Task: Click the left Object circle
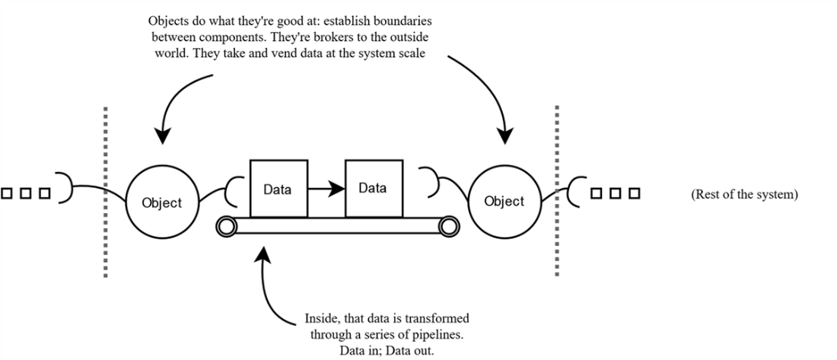[162, 202]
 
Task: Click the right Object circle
[504, 201]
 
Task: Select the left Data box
[278, 188]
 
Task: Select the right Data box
[374, 188]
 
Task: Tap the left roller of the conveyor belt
[225, 226]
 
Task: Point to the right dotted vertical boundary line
[558, 190]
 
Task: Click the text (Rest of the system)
[744, 195]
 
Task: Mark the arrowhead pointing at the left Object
[161, 138]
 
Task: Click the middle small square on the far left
[25, 193]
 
